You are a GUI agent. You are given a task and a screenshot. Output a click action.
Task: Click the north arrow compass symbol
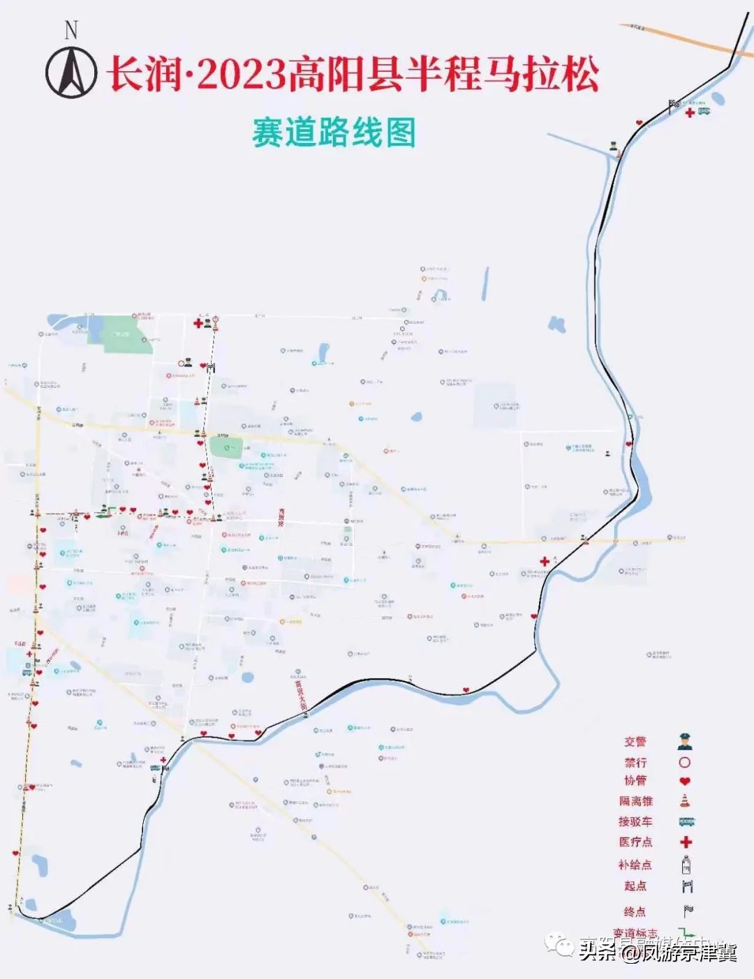click(x=71, y=73)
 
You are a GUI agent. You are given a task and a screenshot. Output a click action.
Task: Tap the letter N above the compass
click(x=71, y=30)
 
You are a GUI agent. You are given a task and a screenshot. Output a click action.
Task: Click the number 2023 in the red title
click(x=242, y=74)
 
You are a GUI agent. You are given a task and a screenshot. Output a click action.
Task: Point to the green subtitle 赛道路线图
click(x=334, y=133)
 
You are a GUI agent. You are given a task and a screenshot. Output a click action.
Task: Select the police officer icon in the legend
click(x=685, y=742)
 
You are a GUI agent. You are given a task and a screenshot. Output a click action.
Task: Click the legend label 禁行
click(x=635, y=763)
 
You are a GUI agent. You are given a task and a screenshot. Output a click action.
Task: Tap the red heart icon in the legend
click(x=685, y=781)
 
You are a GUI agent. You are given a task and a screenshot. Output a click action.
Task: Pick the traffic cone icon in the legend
click(x=685, y=800)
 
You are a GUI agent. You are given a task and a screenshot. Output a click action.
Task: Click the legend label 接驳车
click(x=635, y=821)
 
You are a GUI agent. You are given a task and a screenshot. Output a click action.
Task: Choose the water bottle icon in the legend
click(x=686, y=865)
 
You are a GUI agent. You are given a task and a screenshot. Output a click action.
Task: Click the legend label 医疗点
click(x=635, y=842)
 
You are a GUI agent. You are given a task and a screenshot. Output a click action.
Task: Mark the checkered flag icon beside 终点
click(x=688, y=911)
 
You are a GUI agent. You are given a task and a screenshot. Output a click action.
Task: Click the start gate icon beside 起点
click(x=688, y=886)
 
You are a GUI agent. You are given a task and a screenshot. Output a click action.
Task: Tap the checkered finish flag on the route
click(x=674, y=105)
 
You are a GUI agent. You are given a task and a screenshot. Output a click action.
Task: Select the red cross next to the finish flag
click(x=690, y=112)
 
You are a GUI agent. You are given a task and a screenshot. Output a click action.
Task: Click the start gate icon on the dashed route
click(x=211, y=367)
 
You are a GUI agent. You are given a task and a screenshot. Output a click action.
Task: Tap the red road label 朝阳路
click(x=282, y=516)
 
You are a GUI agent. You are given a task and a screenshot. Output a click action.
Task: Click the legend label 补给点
click(x=635, y=865)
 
